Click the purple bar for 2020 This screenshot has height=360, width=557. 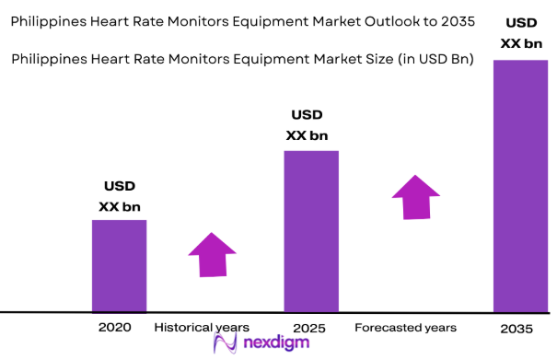(x=119, y=266)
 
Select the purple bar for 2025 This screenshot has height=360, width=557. (x=311, y=231)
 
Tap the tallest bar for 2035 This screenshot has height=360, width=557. (x=520, y=186)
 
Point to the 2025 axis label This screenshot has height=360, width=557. (x=309, y=328)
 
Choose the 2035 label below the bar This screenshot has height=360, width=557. (x=517, y=329)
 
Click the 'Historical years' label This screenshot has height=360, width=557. (x=202, y=328)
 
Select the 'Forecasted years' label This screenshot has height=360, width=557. (x=405, y=328)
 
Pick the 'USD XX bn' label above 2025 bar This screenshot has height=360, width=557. (x=308, y=126)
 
